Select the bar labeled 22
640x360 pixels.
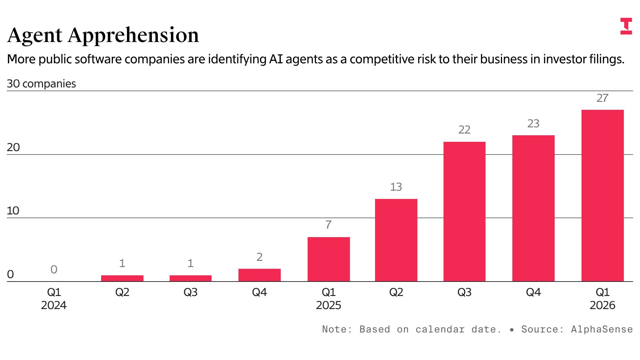[x=464, y=211]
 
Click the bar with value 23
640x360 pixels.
[x=533, y=208]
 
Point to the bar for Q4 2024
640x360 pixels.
[x=259, y=275]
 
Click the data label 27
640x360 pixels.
[x=602, y=98]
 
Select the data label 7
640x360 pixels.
[x=329, y=225]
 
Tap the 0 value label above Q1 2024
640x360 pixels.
[x=54, y=269]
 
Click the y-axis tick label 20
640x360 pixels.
[x=13, y=148]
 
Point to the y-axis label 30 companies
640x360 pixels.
[x=41, y=84]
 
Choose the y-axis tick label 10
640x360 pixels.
[x=13, y=211]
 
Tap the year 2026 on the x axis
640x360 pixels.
[x=602, y=305]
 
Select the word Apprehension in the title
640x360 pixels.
[x=134, y=35]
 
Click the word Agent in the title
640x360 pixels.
[x=35, y=35]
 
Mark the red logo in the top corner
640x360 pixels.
[x=626, y=26]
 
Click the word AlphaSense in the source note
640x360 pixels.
[x=602, y=329]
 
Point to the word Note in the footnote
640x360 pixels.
[x=334, y=329]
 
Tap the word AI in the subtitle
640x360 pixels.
[x=276, y=59]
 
